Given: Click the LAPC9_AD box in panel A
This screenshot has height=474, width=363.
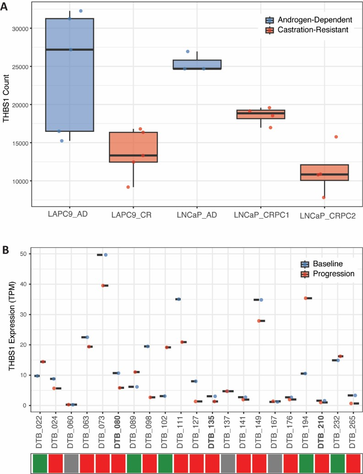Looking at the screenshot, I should pyautogui.click(x=70, y=75).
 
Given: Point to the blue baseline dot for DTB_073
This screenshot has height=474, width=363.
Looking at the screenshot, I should pyautogui.click(x=106, y=255).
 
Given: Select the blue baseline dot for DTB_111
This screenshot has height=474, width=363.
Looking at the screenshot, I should pyautogui.click(x=179, y=299).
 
